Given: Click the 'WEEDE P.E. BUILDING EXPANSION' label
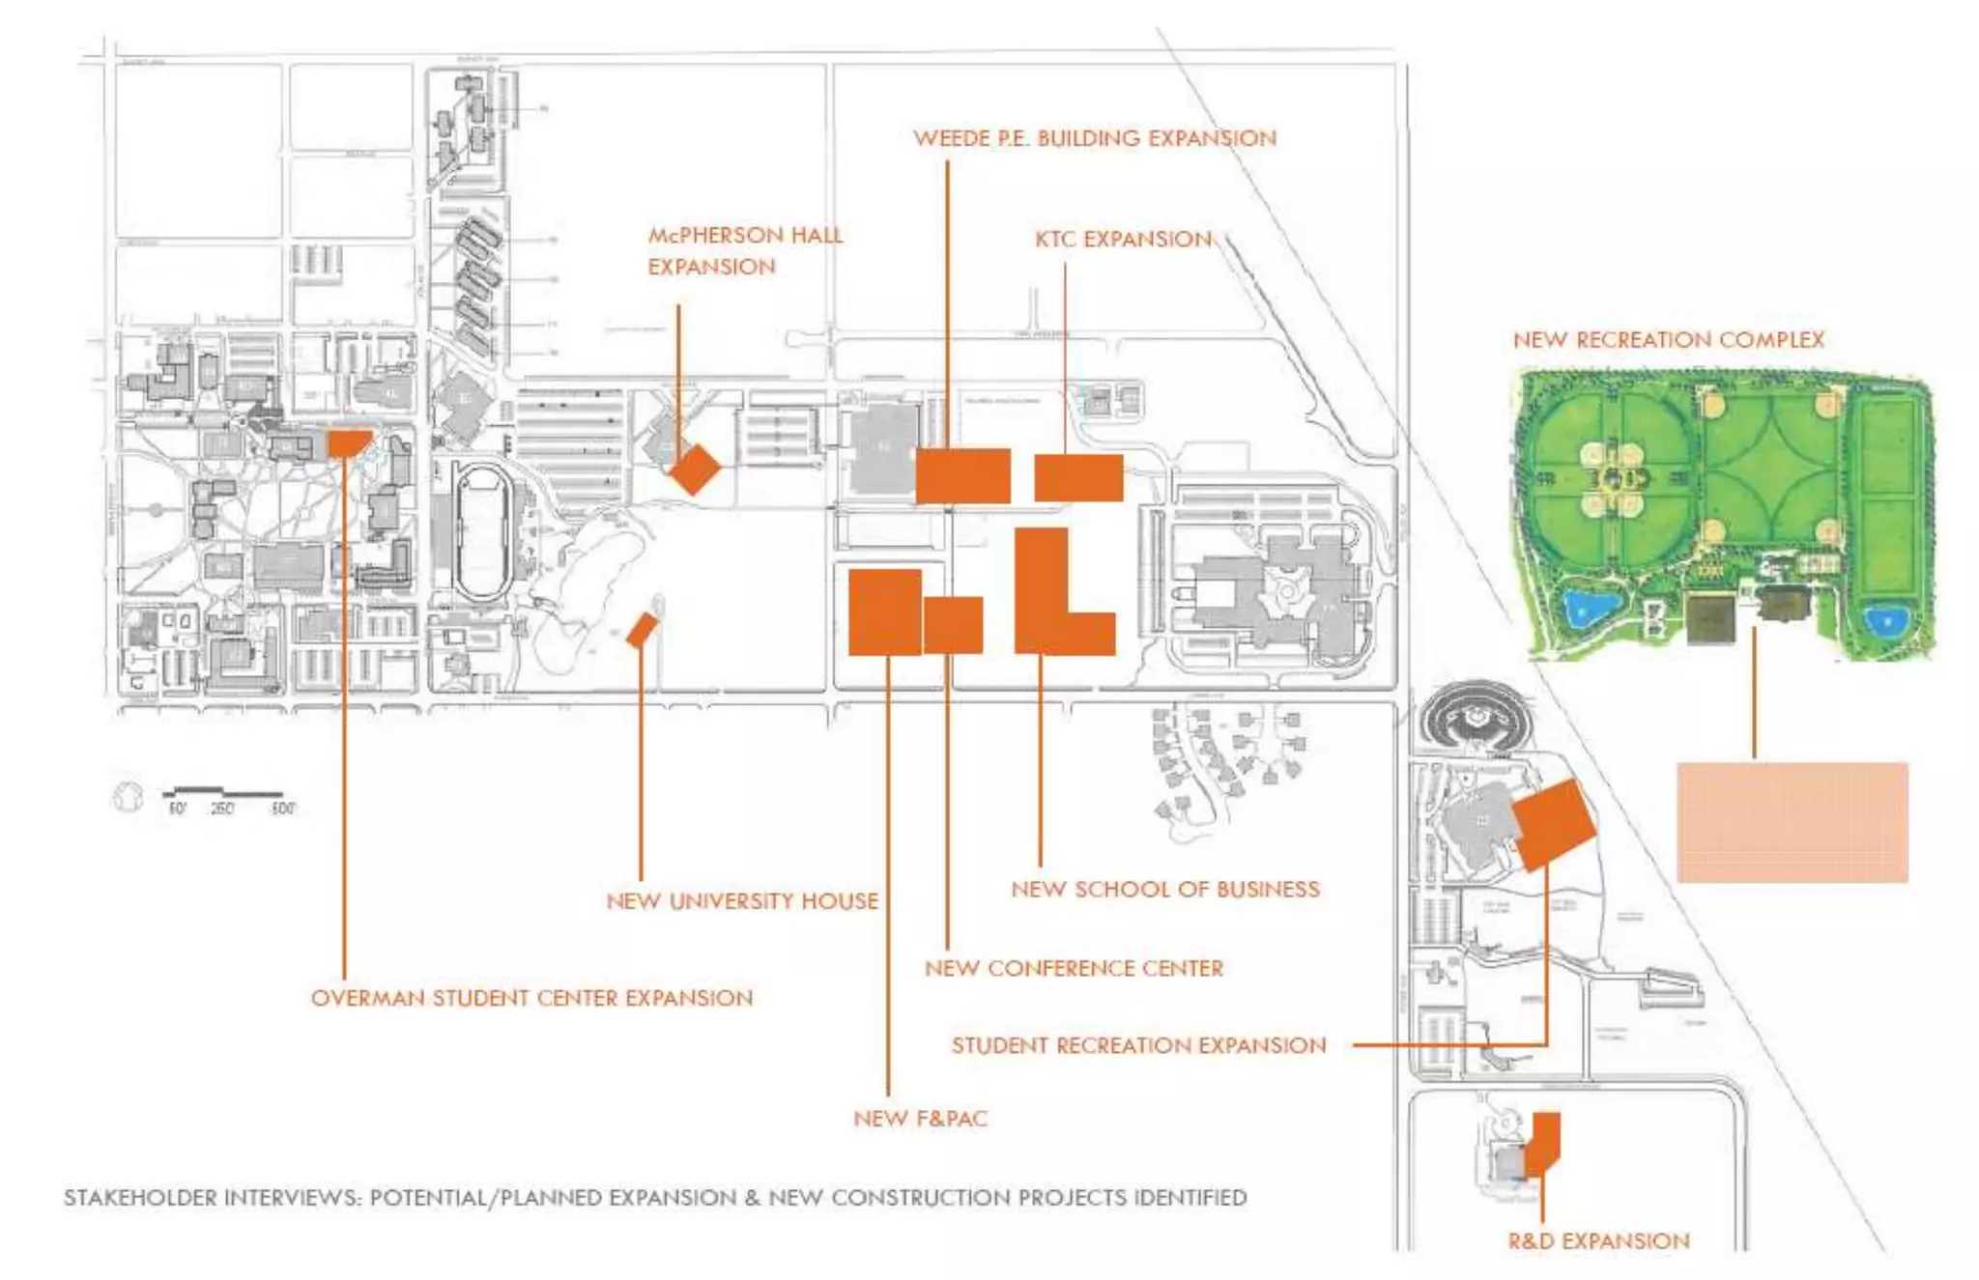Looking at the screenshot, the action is point(1095,138).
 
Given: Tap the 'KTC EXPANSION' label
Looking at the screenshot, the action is point(1123,240).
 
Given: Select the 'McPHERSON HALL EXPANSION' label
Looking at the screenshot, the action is point(744,251).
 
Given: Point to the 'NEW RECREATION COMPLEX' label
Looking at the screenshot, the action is point(1668,340).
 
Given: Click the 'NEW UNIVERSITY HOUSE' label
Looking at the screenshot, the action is point(742,901).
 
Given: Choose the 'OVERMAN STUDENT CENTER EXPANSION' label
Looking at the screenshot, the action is point(531,998).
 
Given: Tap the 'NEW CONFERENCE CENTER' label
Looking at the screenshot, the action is point(1074,968).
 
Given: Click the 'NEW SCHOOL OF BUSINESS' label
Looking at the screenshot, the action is point(1164,889).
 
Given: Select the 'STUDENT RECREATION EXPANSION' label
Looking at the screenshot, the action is point(1138,1045).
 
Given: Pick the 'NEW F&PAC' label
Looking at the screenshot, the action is point(920,1119).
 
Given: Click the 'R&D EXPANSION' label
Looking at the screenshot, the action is point(1598,1241).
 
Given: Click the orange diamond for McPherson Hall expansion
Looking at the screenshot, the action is point(695,469).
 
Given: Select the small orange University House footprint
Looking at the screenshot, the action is point(641,630).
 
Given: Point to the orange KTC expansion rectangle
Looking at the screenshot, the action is point(1078,477).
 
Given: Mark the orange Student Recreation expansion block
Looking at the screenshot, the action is point(1553,825).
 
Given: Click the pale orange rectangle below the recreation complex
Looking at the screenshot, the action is point(1792,822).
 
